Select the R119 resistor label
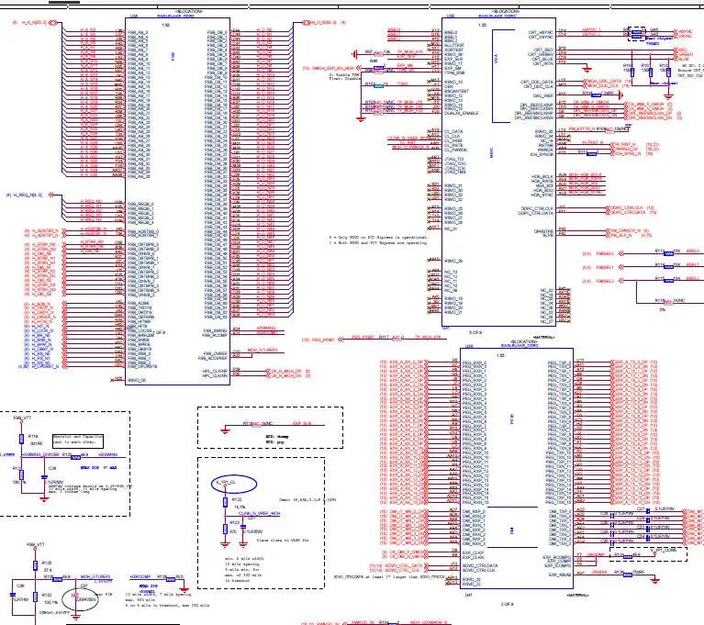click(x=32, y=436)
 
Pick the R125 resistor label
click(x=46, y=561)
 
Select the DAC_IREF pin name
click(x=542, y=95)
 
